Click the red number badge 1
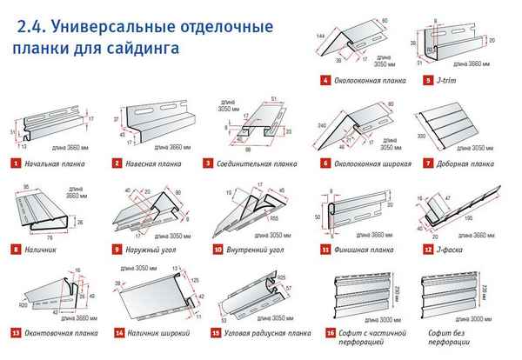point(16,163)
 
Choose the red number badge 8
point(16,249)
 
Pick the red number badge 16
point(327,332)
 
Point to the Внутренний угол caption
point(254,249)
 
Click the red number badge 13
point(16,333)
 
